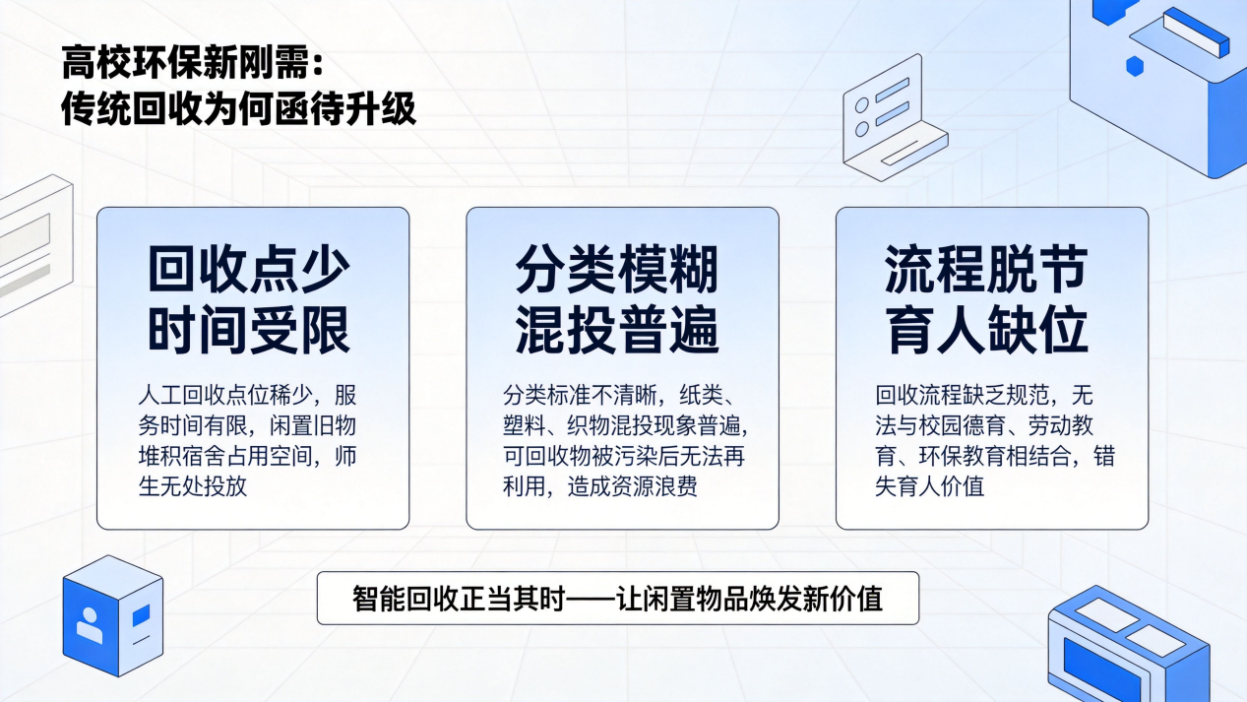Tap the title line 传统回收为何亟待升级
click(x=238, y=107)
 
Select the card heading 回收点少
click(x=249, y=270)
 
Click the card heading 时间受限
click(x=249, y=330)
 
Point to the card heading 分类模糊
click(x=617, y=270)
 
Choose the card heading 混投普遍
click(x=617, y=330)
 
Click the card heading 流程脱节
click(x=986, y=270)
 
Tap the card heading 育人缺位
click(x=986, y=330)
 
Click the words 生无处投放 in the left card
click(x=193, y=486)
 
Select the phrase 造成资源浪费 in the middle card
click(x=633, y=486)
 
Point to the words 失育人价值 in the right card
click(x=930, y=486)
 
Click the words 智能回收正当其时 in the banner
click(x=459, y=599)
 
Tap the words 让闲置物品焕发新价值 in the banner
click(x=749, y=599)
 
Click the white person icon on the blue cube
click(x=89, y=624)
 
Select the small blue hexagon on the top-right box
click(x=1135, y=66)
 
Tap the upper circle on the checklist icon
click(x=862, y=104)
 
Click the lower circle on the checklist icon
click(x=862, y=129)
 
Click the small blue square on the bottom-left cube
click(x=141, y=615)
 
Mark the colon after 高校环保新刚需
click(x=318, y=63)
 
